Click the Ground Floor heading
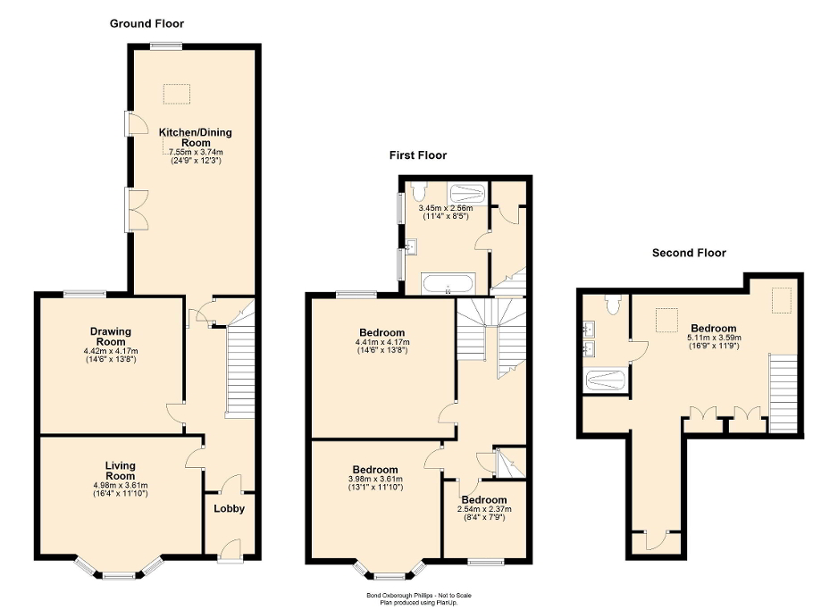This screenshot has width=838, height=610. pos(147,23)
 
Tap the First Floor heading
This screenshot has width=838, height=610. pos(417,155)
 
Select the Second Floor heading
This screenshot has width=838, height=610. pos(689,253)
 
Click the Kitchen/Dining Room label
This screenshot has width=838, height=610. pos(195,138)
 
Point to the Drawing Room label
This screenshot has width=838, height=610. pos(111,337)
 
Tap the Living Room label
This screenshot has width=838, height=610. pos(119,471)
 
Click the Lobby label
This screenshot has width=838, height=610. pos(229,509)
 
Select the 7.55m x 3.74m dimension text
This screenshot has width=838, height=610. pos(195,152)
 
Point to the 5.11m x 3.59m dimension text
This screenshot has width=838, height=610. pos(713,338)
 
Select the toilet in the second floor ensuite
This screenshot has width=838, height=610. pos(612,305)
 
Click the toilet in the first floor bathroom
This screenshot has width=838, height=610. pos(419,191)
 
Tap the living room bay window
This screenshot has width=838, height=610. pos(118,572)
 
